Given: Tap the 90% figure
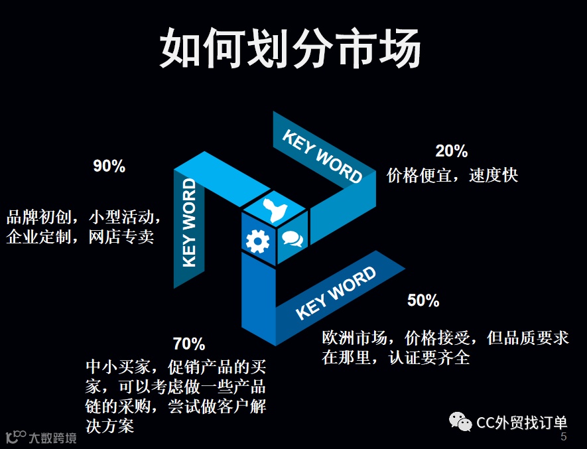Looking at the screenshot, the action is pyautogui.click(x=109, y=166).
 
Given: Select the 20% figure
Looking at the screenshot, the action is pyautogui.click(x=452, y=151).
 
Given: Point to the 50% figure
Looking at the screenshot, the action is pyautogui.click(x=423, y=300).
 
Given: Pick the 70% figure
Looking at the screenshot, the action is pyautogui.click(x=189, y=344).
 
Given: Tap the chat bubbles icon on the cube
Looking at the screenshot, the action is pyautogui.click(x=293, y=237).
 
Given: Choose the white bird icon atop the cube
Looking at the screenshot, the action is pyautogui.click(x=275, y=210).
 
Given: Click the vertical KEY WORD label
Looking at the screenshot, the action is pyautogui.click(x=190, y=222).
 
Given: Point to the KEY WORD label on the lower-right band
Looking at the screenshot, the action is pyautogui.click(x=336, y=292).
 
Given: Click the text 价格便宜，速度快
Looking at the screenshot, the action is pyautogui.click(x=452, y=175).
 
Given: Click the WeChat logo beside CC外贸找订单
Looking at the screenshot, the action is pyautogui.click(x=460, y=422).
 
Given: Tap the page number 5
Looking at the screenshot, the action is pyautogui.click(x=564, y=437).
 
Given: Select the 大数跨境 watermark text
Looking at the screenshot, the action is pyautogui.click(x=52, y=438).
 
